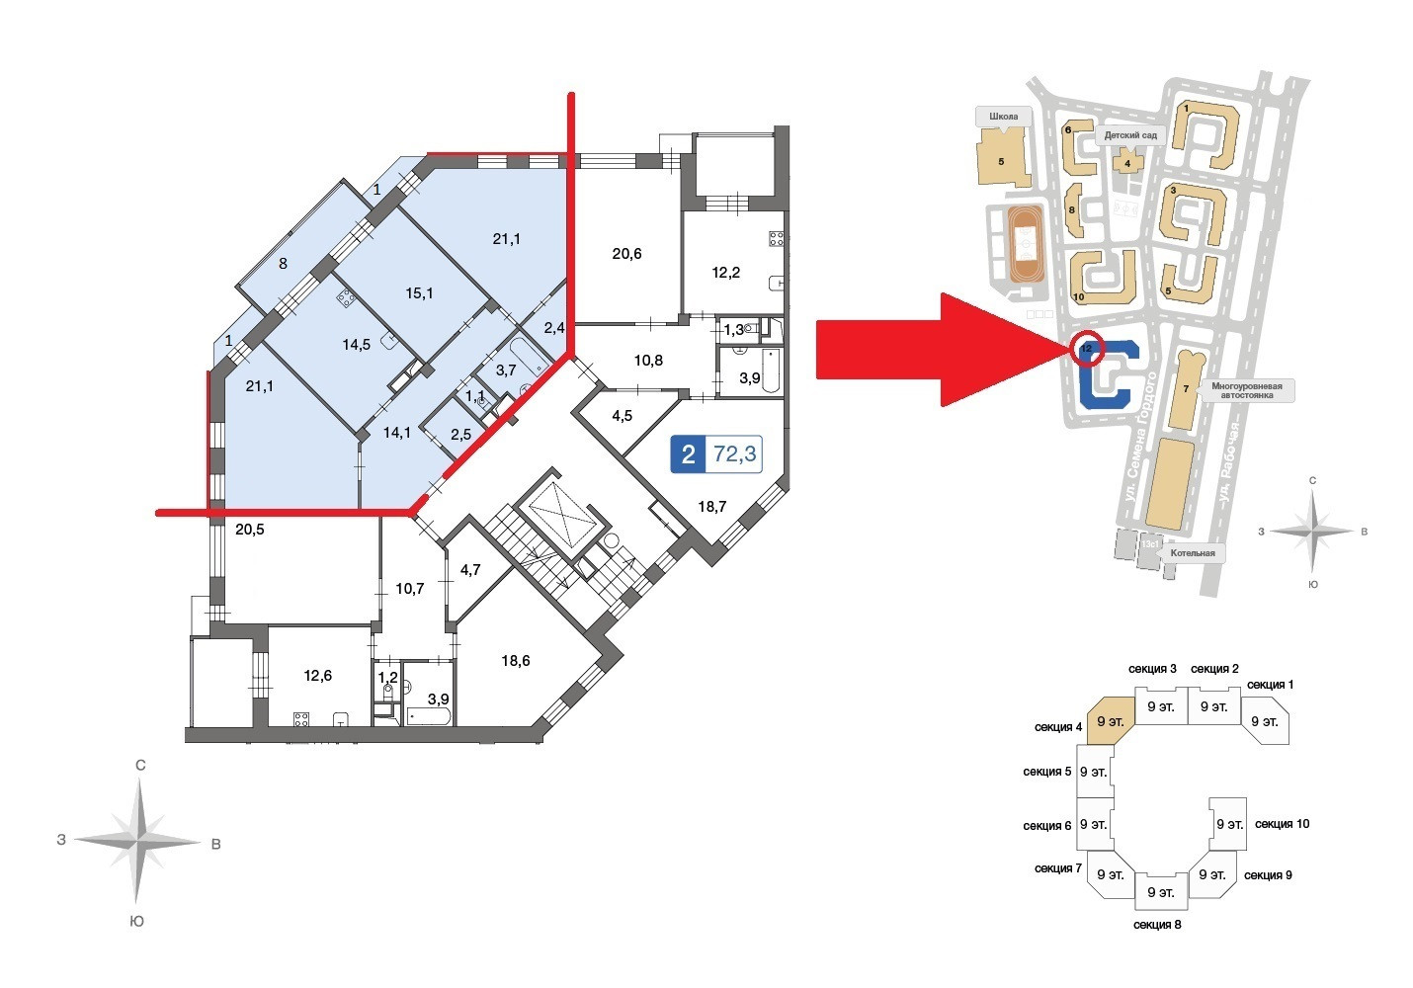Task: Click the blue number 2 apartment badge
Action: (x=689, y=454)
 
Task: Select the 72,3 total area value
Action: (x=735, y=454)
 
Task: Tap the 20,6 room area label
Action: (x=626, y=254)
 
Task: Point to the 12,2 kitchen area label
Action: (x=726, y=273)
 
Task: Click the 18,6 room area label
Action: (x=515, y=661)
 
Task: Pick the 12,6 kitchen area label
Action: (x=317, y=677)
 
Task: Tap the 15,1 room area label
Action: (x=420, y=293)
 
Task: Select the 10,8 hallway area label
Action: (x=648, y=361)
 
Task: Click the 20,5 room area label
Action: (x=250, y=530)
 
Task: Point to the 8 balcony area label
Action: (x=283, y=264)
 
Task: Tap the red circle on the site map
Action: (x=1086, y=348)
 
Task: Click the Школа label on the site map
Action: (x=1003, y=117)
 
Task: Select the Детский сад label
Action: (x=1130, y=134)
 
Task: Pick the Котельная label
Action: (x=1192, y=553)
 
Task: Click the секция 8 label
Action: (x=1157, y=925)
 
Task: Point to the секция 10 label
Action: (x=1282, y=824)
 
